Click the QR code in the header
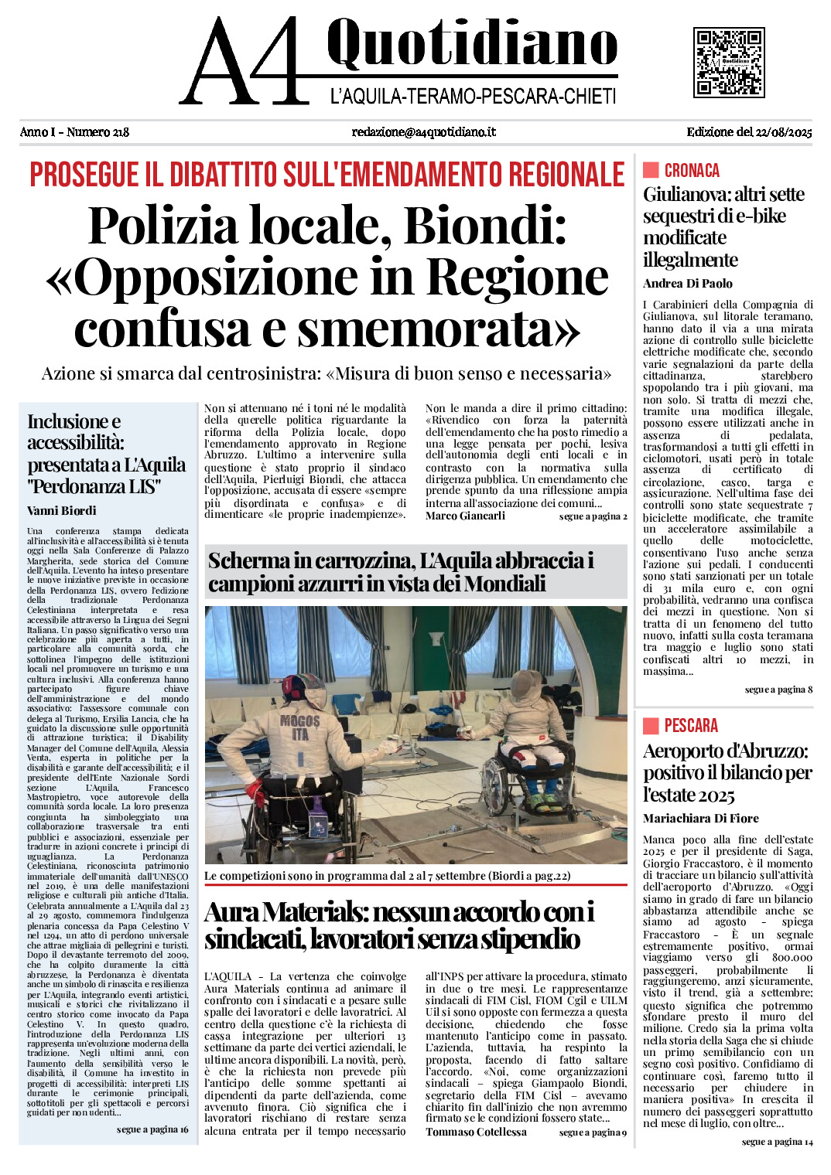tap(729, 62)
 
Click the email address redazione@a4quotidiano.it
tap(423, 132)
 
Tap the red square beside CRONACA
tap(651, 170)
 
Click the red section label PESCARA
tap(691, 726)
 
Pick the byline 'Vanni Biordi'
tap(62, 511)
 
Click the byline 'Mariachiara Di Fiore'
tap(701, 819)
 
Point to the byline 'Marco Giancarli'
tap(465, 516)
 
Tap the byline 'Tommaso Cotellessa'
tap(476, 1132)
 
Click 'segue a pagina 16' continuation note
tap(152, 1130)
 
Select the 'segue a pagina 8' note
tap(778, 690)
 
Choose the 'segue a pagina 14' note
tap(777, 1142)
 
